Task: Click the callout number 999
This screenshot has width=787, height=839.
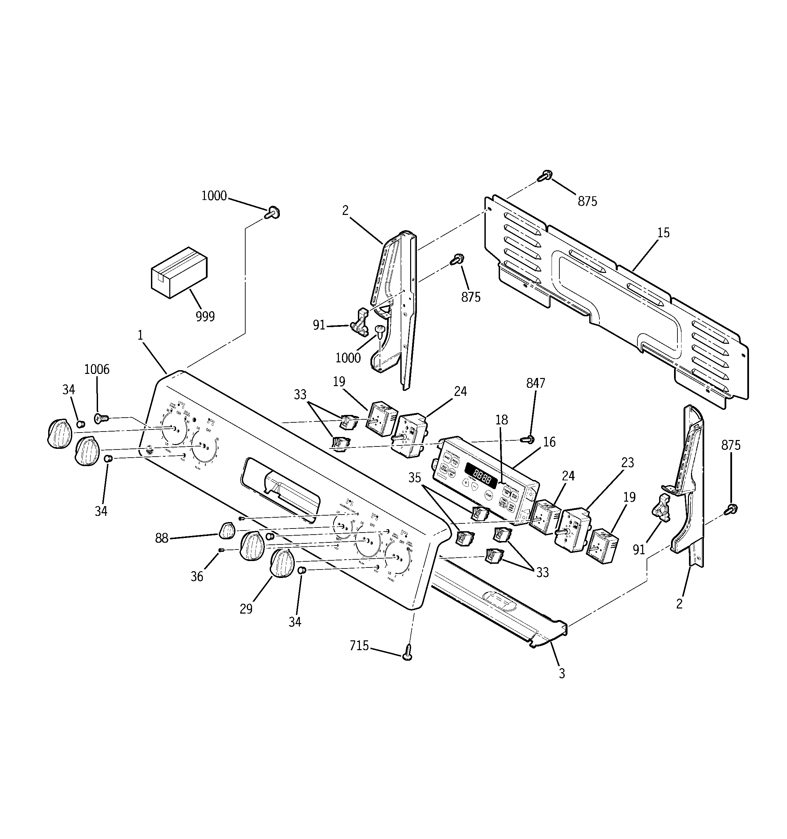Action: point(205,316)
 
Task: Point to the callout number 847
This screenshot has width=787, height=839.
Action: point(536,383)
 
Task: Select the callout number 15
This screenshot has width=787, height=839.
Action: point(663,233)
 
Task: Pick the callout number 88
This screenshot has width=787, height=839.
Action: point(161,538)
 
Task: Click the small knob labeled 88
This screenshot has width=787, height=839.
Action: point(227,530)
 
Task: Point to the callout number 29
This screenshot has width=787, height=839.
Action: point(246,608)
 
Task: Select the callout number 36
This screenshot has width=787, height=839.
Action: point(197,577)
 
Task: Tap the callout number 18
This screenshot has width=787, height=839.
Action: point(501,420)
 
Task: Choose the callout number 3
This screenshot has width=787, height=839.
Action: point(562,674)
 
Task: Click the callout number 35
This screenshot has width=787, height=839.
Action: point(415,477)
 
